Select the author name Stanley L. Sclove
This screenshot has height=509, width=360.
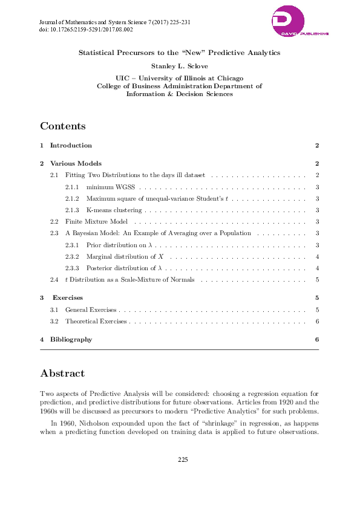(179, 65)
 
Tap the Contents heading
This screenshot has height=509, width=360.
(63, 126)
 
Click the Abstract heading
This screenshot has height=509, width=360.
(62, 373)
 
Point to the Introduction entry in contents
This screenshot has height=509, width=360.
(71, 146)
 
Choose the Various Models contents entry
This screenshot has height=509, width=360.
(76, 163)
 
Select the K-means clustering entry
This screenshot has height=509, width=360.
(114, 210)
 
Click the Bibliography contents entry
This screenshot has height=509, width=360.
(71, 339)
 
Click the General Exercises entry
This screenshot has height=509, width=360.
(91, 310)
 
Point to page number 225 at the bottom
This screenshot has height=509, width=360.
(183, 460)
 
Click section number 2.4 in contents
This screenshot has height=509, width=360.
(54, 279)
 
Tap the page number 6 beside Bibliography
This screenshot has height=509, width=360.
(317, 339)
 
